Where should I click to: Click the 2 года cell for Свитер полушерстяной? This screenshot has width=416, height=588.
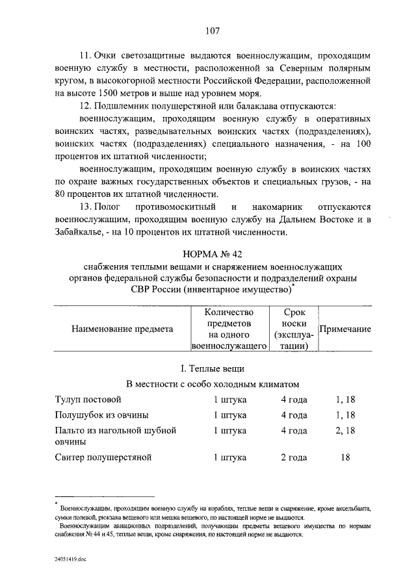[x=294, y=457]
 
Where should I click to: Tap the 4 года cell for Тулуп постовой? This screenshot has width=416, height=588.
[x=294, y=399]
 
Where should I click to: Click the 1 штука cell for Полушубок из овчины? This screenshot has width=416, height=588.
[x=230, y=415]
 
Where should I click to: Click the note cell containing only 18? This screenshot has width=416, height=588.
[x=344, y=457]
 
